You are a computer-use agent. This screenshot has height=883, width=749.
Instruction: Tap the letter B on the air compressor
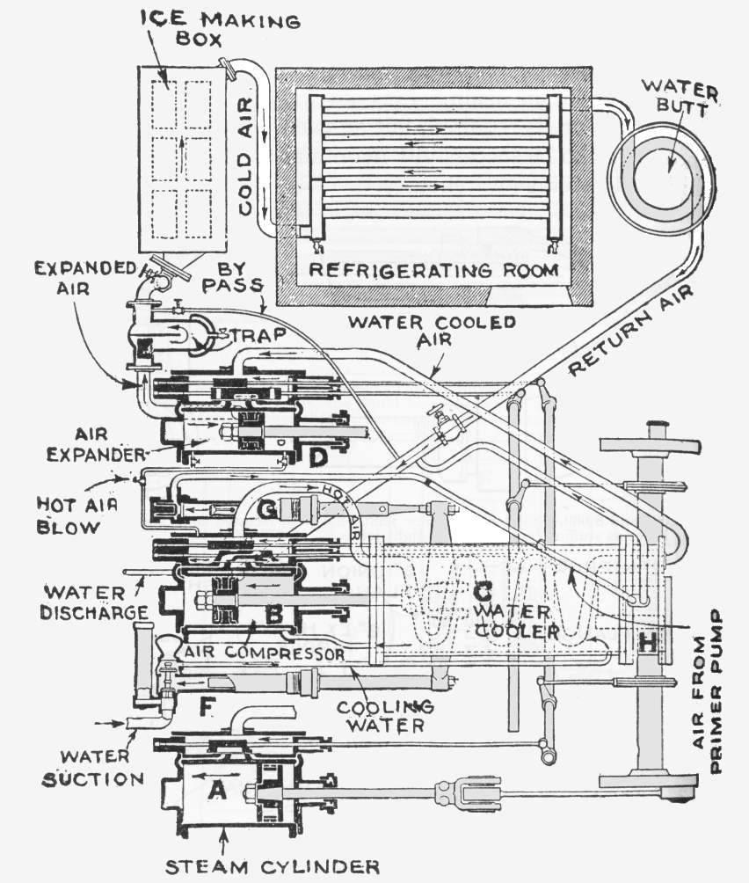(274, 616)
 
